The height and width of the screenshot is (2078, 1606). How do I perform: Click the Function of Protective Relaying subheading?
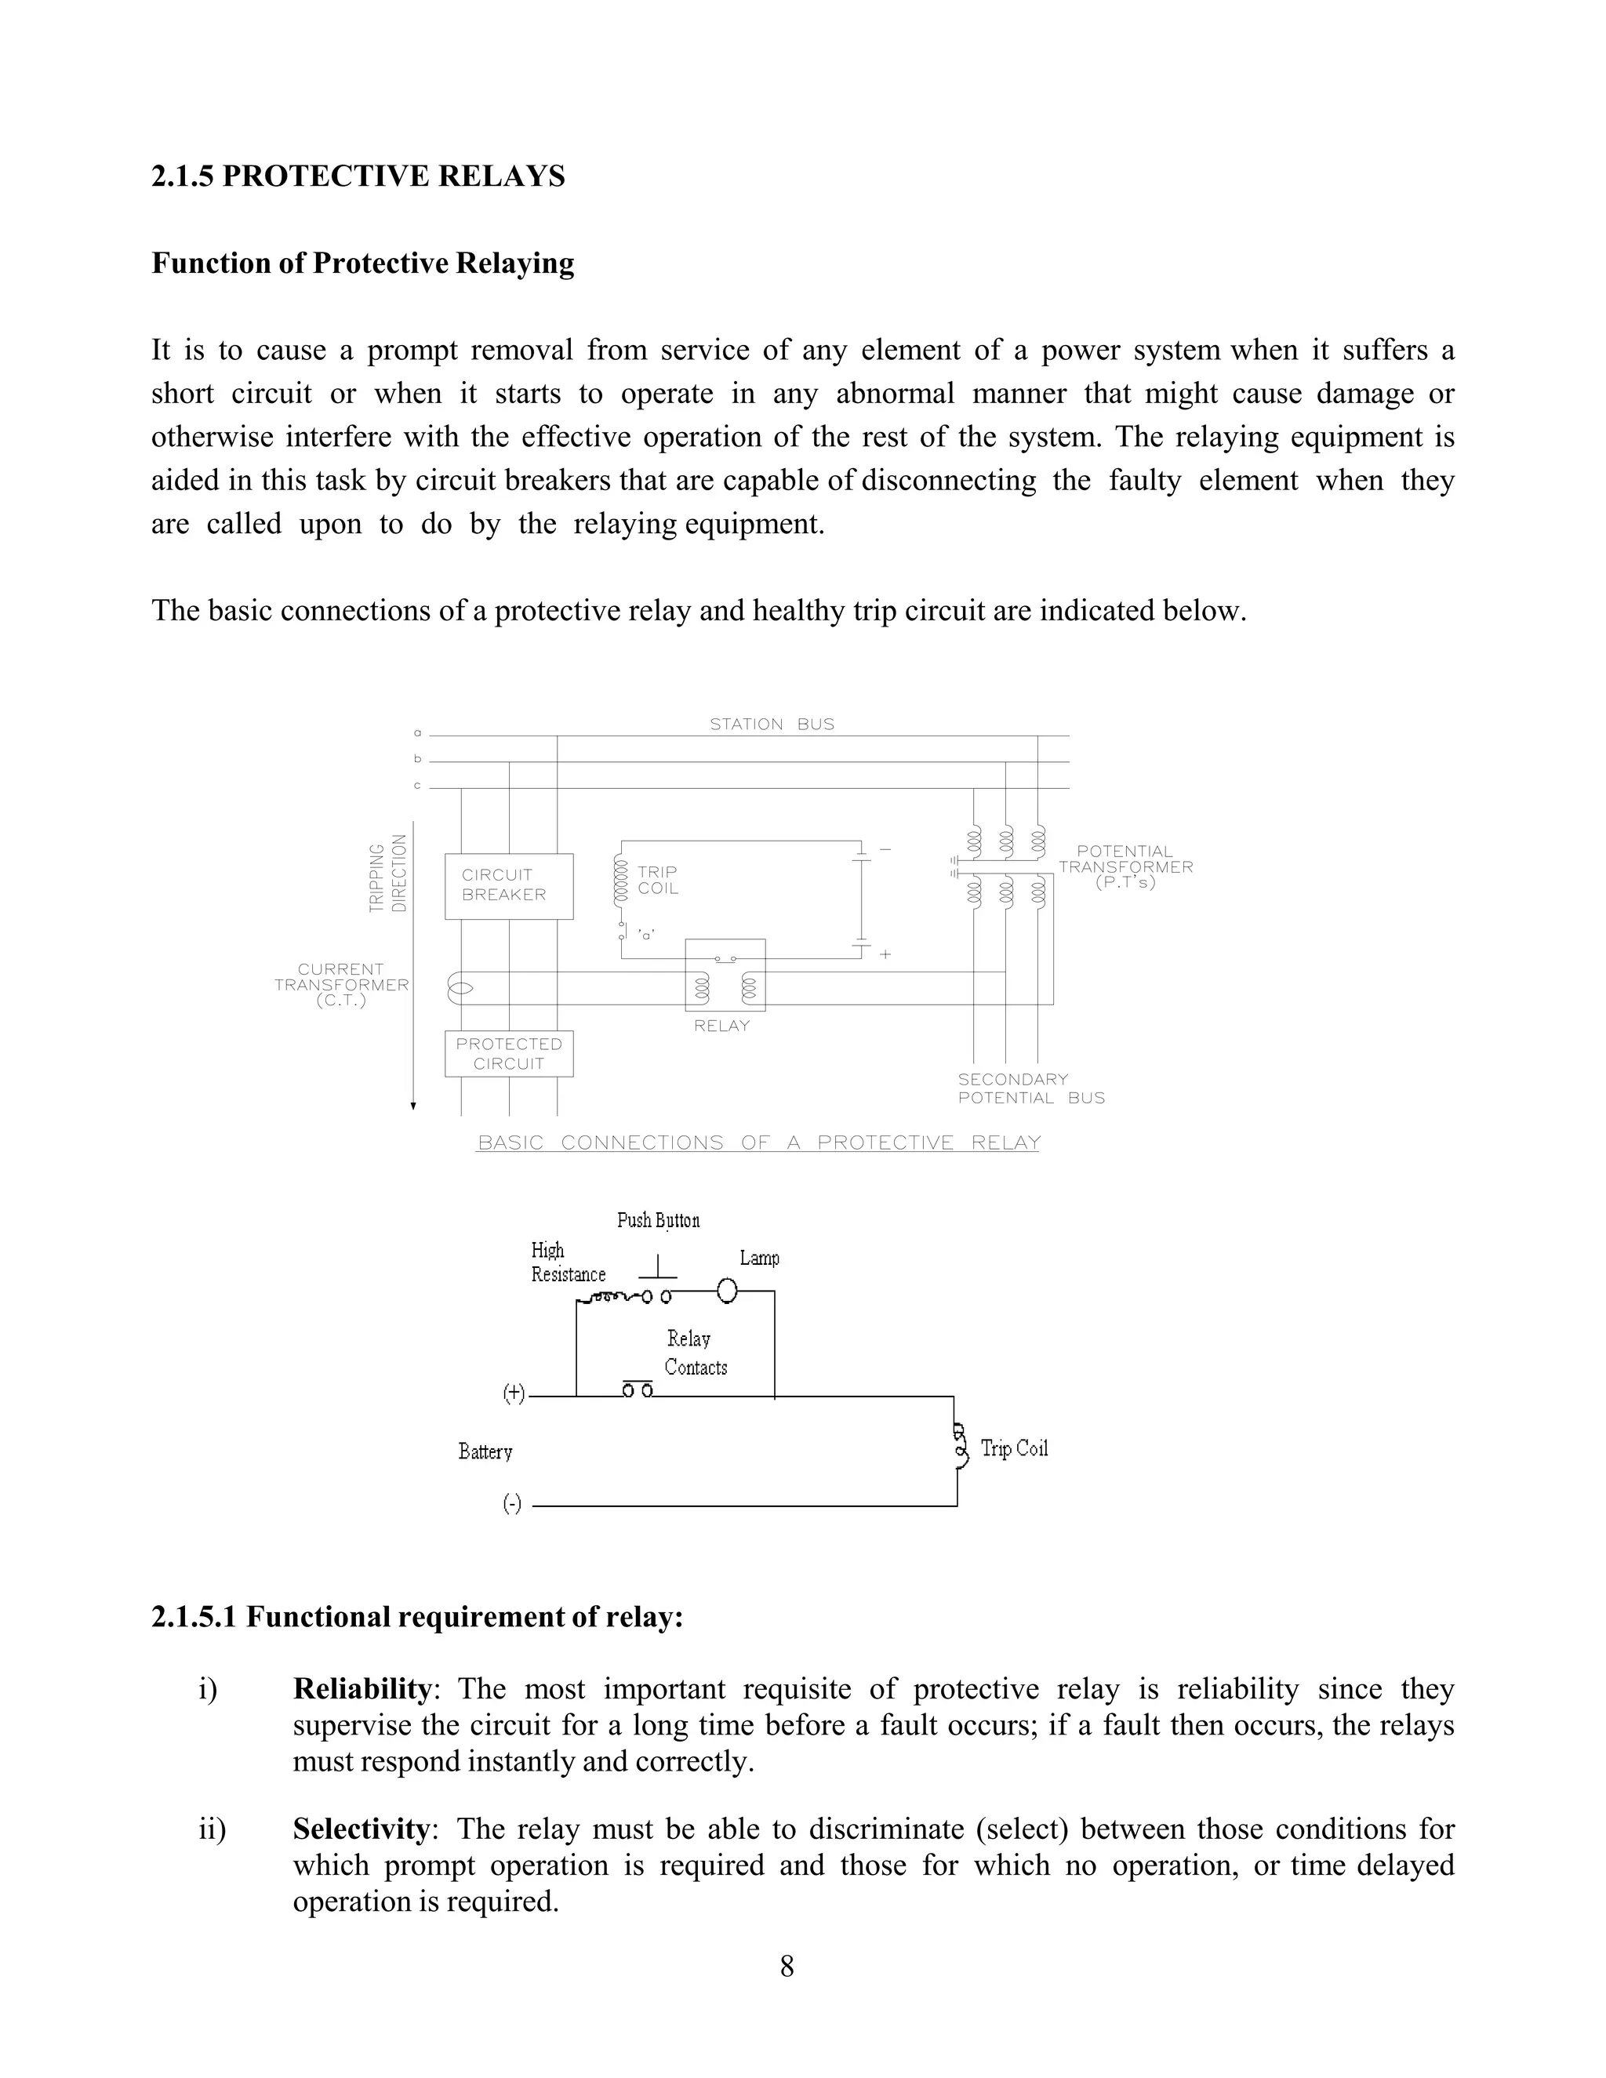click(x=362, y=263)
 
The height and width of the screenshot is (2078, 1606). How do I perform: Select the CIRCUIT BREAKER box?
click(x=508, y=886)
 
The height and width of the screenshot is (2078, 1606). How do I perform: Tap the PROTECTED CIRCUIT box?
click(x=508, y=1054)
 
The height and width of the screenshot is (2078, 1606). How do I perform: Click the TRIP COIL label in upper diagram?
click(x=657, y=880)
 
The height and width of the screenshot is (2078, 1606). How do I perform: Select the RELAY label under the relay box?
click(x=721, y=1026)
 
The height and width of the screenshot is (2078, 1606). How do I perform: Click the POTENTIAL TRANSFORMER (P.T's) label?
click(x=1125, y=866)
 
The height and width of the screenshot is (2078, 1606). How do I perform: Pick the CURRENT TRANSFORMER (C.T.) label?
click(x=340, y=985)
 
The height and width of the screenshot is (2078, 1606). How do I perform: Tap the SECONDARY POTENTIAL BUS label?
click(x=1030, y=1088)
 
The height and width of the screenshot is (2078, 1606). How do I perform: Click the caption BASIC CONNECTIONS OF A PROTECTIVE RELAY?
click(x=758, y=1143)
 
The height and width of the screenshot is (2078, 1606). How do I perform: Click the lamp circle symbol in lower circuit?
click(x=727, y=1291)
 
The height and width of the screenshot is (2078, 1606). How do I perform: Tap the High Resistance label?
click(x=567, y=1262)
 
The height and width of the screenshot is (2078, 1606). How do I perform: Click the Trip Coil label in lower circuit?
click(x=1014, y=1448)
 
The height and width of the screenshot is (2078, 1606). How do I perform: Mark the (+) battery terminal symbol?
click(x=514, y=1394)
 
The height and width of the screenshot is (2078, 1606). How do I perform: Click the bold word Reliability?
click(x=362, y=1689)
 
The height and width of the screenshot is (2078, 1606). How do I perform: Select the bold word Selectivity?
click(x=361, y=1829)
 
